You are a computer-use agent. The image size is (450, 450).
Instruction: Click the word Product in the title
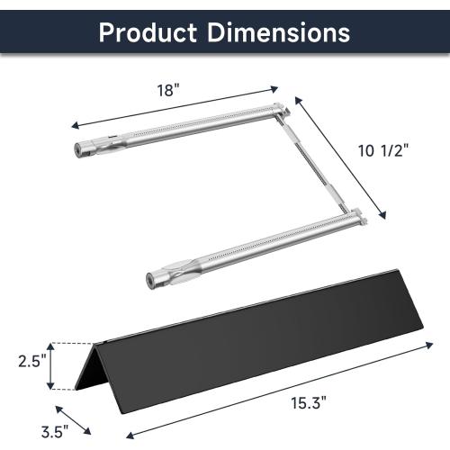click(x=148, y=32)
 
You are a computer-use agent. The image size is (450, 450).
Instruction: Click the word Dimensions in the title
click(x=279, y=31)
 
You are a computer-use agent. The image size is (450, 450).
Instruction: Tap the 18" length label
click(x=168, y=90)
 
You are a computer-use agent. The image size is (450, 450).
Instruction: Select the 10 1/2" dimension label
click(x=383, y=150)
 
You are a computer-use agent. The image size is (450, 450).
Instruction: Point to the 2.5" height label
click(x=32, y=361)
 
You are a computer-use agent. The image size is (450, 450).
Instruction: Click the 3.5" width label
click(x=55, y=432)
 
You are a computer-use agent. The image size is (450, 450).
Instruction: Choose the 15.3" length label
click(x=309, y=402)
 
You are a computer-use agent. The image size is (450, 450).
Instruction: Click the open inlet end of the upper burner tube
click(x=78, y=149)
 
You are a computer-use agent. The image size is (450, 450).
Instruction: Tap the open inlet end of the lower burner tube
click(x=150, y=280)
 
